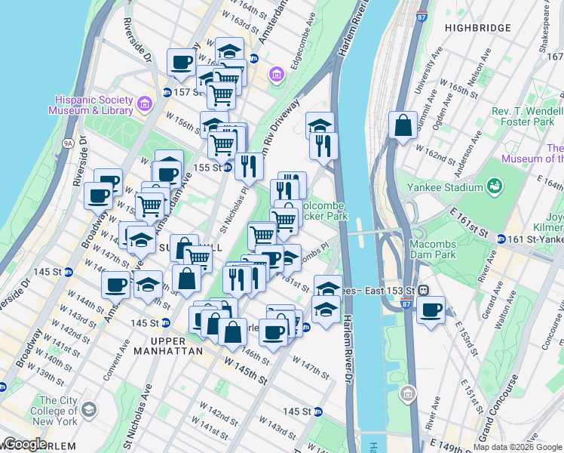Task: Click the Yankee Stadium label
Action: pyautogui.click(x=452, y=188)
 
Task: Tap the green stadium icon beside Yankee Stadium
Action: pyautogui.click(x=495, y=186)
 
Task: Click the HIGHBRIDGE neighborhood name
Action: pyautogui.click(x=477, y=28)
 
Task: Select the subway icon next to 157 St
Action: pyautogui.click(x=167, y=92)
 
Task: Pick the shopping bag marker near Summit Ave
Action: pyautogui.click(x=403, y=125)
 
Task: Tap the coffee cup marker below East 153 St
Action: pyautogui.click(x=431, y=310)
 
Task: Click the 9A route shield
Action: pyautogui.click(x=68, y=141)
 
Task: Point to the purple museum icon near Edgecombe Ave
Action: pyautogui.click(x=277, y=74)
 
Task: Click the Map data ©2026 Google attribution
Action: pyautogui.click(x=517, y=447)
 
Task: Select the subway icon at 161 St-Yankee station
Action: pyautogui.click(x=500, y=239)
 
